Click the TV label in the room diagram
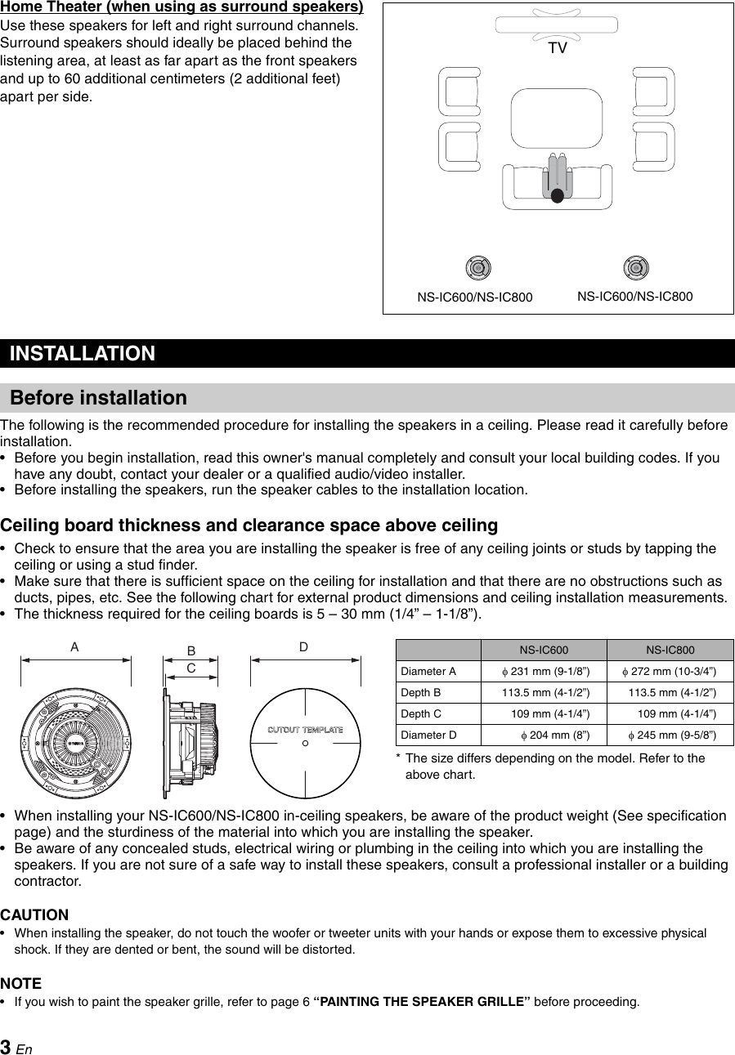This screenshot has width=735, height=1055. pyautogui.click(x=557, y=48)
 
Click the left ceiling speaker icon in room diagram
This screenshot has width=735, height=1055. pyautogui.click(x=478, y=267)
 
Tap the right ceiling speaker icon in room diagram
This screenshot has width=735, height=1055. pyautogui.click(x=636, y=267)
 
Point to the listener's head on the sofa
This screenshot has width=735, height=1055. pyautogui.click(x=557, y=196)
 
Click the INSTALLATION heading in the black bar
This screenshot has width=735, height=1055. pyautogui.click(x=82, y=354)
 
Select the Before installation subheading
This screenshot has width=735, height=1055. pyautogui.click(x=98, y=398)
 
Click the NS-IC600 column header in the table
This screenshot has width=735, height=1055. pyautogui.click(x=544, y=650)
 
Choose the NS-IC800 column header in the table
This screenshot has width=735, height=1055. pyautogui.click(x=670, y=650)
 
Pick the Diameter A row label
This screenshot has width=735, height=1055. pyautogui.click(x=428, y=672)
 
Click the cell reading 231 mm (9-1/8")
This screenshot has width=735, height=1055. pyautogui.click(x=545, y=672)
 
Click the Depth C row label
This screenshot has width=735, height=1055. pyautogui.click(x=421, y=714)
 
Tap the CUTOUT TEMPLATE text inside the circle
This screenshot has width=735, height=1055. pyautogui.click(x=305, y=730)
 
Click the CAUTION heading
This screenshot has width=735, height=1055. pyautogui.click(x=34, y=914)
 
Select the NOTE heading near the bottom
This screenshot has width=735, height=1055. pyautogui.click(x=21, y=983)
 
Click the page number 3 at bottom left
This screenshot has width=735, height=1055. pyautogui.click(x=6, y=1047)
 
